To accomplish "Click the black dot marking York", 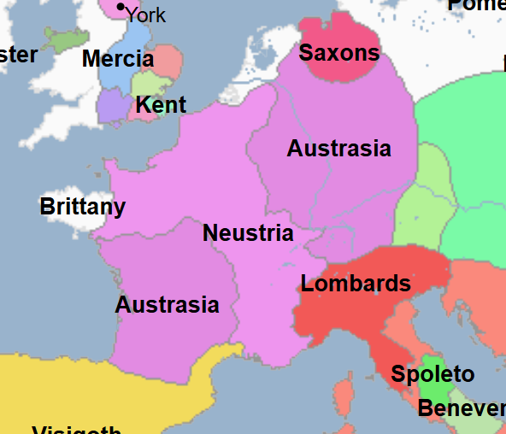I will [121, 8].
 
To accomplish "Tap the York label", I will [145, 15].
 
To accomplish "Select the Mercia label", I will [118, 60].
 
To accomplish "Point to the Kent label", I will [161, 105].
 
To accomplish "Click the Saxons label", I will [338, 53].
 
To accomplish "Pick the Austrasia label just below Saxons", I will [338, 149].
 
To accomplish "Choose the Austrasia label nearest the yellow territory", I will [167, 305].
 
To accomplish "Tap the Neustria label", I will [248, 233].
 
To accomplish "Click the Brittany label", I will [83, 207].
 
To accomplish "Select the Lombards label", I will [356, 284].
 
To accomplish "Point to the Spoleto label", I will [432, 374].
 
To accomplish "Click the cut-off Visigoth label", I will [77, 429].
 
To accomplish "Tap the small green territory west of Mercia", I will [65, 38].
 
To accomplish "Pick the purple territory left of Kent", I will [111, 105].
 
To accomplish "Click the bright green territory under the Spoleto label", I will [435, 391].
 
